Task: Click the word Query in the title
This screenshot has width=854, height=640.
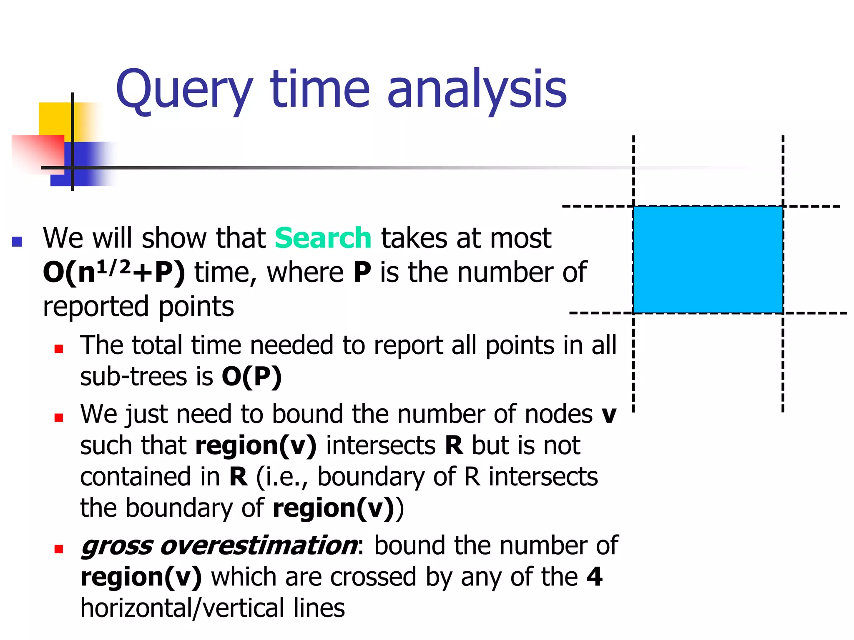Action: point(184,90)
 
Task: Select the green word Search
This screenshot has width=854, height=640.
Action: point(323,238)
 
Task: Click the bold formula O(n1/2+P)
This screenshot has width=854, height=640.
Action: point(114,273)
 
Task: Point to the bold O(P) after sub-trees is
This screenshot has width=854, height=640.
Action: point(251,377)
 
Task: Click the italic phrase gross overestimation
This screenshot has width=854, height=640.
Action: point(219,545)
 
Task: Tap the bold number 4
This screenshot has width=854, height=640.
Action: point(594,577)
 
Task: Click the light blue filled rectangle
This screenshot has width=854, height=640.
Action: point(708,259)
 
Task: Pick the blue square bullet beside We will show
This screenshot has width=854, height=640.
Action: point(17,242)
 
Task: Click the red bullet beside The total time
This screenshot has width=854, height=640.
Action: point(59,348)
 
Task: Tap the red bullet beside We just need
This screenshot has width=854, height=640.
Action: point(59,417)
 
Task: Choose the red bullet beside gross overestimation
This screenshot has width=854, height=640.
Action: point(59,549)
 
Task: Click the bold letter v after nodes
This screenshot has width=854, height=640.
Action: point(609,414)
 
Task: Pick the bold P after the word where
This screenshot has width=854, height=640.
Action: point(362,272)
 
